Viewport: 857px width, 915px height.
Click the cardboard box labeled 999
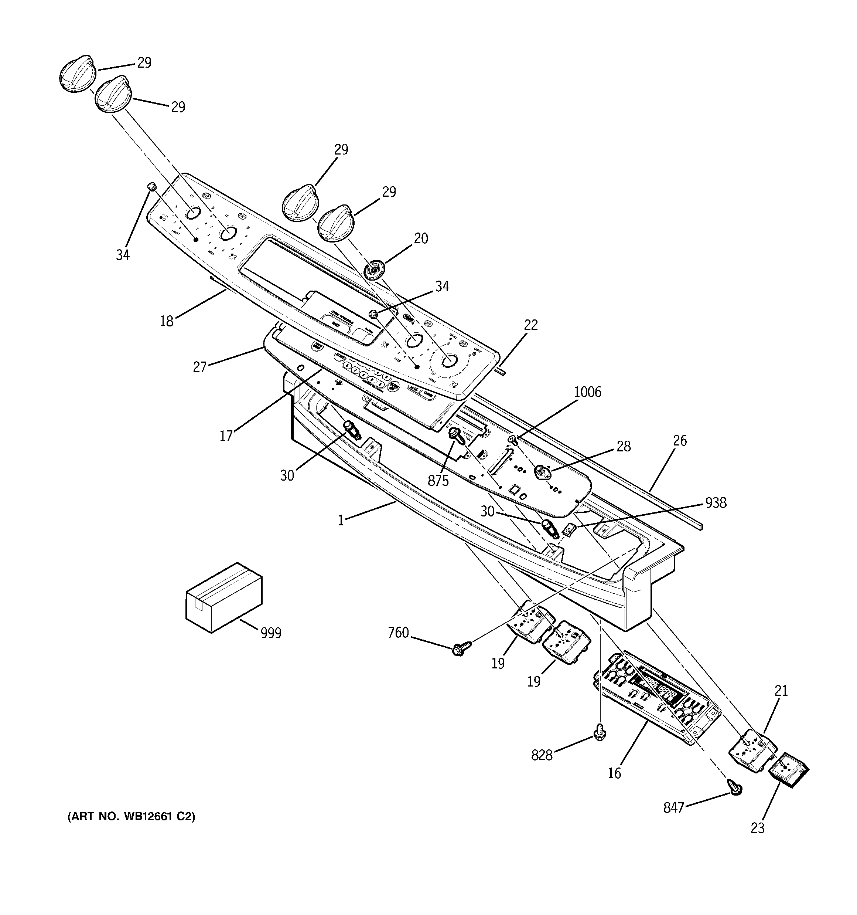click(223, 597)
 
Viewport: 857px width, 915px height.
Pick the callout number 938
click(716, 503)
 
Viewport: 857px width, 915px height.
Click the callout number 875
click(438, 481)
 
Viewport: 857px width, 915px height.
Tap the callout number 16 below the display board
click(614, 773)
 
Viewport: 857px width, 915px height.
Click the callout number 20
click(420, 238)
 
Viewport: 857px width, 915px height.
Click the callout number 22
click(530, 325)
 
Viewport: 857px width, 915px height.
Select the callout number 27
click(199, 367)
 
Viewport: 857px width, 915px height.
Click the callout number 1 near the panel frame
click(341, 521)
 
